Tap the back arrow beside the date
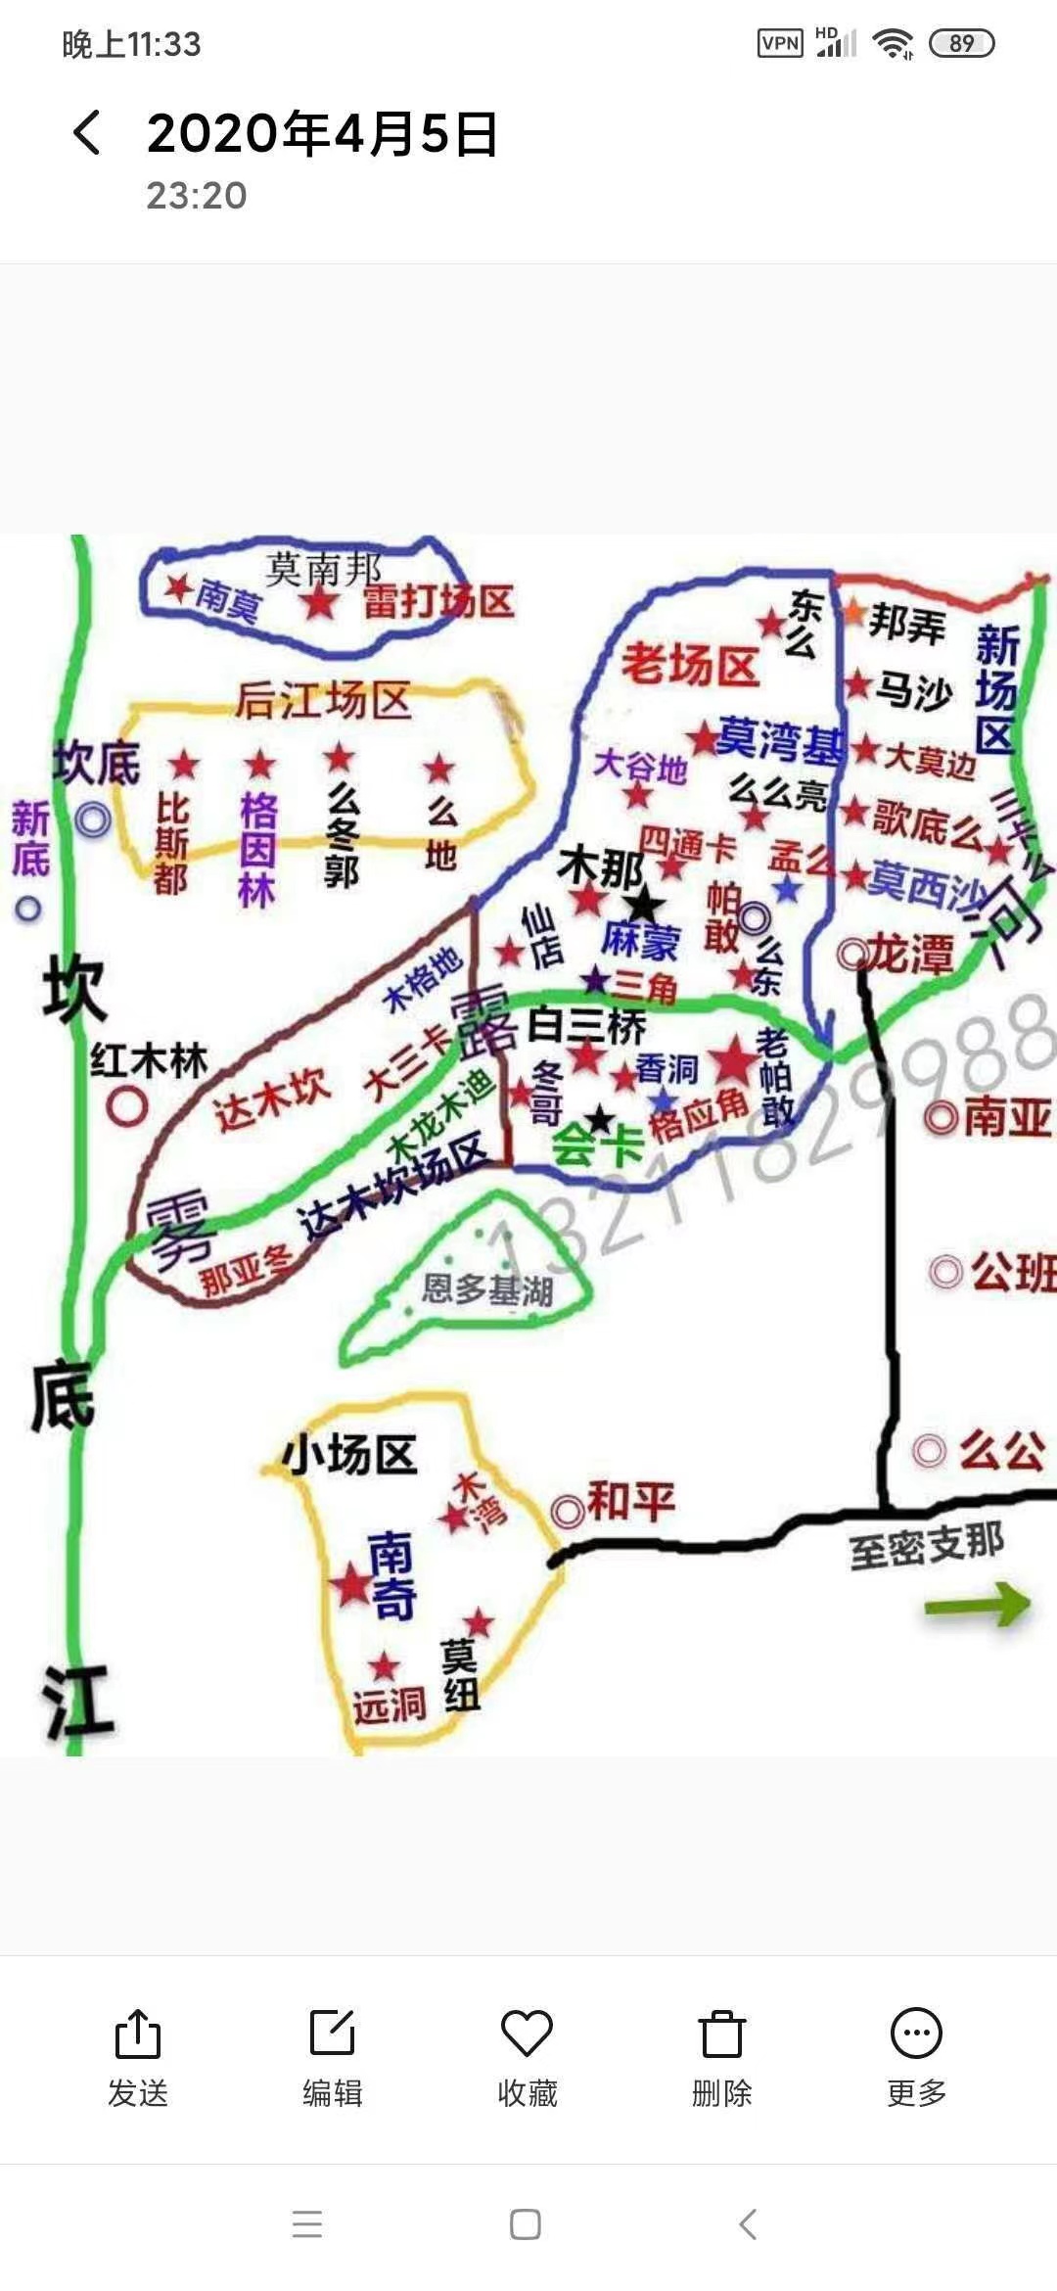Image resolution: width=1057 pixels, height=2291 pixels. click(86, 132)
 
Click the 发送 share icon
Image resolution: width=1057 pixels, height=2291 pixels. click(137, 2034)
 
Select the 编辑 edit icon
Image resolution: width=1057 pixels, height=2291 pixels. click(332, 2034)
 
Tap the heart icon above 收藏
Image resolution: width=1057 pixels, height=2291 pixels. click(527, 2034)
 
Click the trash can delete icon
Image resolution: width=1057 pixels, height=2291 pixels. click(721, 2034)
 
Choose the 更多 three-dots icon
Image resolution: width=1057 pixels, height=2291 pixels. click(916, 2034)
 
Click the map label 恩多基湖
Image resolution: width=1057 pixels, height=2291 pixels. click(487, 1289)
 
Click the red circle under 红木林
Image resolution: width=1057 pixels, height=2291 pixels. click(127, 1106)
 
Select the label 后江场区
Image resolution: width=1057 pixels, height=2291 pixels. click(323, 701)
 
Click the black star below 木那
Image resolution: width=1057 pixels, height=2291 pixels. click(644, 906)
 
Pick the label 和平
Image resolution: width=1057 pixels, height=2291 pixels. click(630, 1501)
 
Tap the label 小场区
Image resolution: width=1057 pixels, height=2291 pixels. click(349, 1455)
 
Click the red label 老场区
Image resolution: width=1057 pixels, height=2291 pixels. click(690, 666)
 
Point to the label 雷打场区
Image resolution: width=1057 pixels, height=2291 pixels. click(438, 600)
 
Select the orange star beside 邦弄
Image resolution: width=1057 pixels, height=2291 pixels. click(852, 612)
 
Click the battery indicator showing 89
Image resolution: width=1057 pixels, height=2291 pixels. click(961, 43)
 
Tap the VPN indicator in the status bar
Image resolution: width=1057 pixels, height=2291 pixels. click(780, 43)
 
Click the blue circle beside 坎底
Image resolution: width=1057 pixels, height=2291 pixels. click(93, 818)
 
